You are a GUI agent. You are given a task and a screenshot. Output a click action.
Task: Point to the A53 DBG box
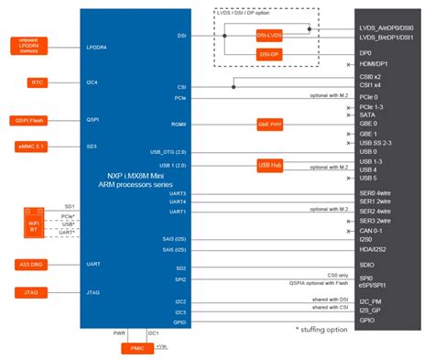31,265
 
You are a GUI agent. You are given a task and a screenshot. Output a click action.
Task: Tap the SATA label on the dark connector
366,114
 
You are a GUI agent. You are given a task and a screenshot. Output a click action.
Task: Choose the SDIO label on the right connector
367,265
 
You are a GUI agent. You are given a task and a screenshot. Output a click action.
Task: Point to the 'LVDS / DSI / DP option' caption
264,13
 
